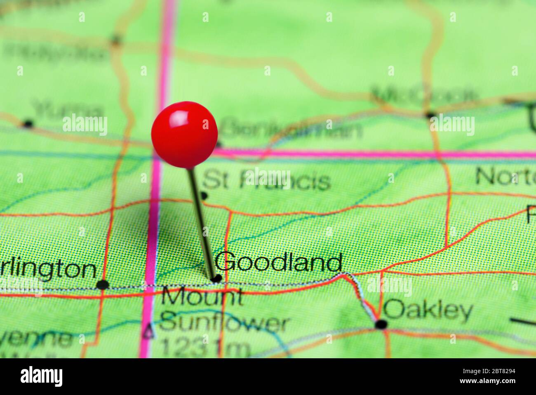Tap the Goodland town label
click(278, 262)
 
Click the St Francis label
click(266, 181)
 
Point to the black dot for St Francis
click(203, 195)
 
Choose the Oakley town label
click(428, 310)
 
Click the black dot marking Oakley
click(381, 324)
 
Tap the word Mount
click(202, 297)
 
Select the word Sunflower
click(225, 323)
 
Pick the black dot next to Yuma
click(28, 123)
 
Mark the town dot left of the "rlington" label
click(102, 284)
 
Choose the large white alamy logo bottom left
click(42, 376)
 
